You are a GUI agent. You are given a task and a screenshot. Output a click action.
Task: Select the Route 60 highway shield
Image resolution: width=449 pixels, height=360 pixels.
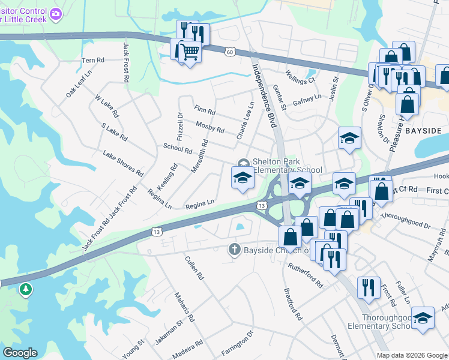230,52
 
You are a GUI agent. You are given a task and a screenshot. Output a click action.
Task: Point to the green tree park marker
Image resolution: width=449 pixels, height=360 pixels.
25,290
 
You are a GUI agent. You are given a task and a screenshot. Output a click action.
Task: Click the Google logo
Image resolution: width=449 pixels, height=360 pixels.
20,353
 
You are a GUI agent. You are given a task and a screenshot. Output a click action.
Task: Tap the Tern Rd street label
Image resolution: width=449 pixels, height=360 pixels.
93,61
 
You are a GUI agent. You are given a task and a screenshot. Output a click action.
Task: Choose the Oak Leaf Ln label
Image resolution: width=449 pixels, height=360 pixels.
79,84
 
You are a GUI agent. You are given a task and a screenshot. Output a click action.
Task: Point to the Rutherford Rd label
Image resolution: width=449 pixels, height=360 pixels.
306,275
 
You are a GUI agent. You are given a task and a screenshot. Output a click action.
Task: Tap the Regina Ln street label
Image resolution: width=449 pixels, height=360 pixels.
200,204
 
